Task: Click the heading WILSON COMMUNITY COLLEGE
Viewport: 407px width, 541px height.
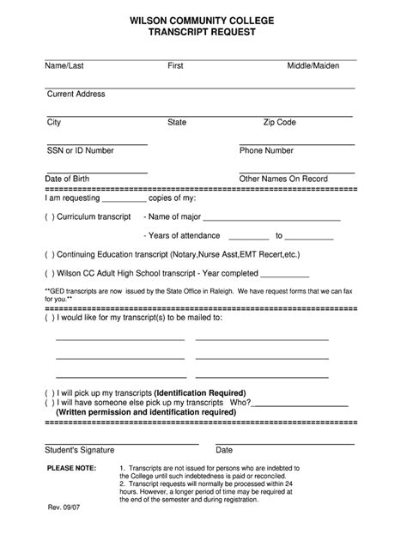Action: coord(203,19)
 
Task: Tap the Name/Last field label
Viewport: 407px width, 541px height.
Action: coord(64,65)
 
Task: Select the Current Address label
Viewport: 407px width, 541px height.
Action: coord(76,94)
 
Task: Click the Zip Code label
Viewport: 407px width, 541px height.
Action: coord(279,123)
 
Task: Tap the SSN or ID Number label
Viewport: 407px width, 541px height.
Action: coord(80,150)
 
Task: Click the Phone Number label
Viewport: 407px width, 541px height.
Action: coord(266,150)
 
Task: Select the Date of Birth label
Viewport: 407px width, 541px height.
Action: coord(67,179)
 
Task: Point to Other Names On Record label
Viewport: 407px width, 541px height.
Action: coord(283,179)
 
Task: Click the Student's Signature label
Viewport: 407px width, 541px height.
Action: coord(83,449)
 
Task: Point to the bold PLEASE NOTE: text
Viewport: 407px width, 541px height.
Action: coord(71,469)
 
